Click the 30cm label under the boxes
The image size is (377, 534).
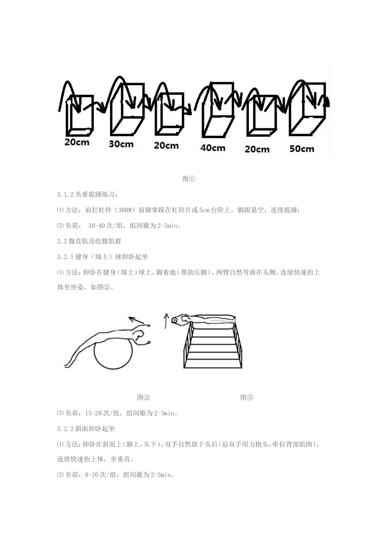tap(121, 144)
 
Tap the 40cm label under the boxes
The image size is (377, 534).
tap(213, 148)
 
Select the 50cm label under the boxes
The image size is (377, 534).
tap(302, 149)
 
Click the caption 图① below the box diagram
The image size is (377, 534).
tap(188, 178)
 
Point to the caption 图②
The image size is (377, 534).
tap(144, 397)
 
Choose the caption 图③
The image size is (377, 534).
tap(246, 397)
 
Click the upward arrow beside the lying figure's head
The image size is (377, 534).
tap(166, 321)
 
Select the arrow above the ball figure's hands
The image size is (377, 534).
tap(137, 320)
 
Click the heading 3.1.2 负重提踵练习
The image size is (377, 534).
tap(87, 195)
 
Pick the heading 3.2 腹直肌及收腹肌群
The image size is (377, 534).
tap(89, 241)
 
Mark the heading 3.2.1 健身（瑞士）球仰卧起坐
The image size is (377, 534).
tap(102, 257)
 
